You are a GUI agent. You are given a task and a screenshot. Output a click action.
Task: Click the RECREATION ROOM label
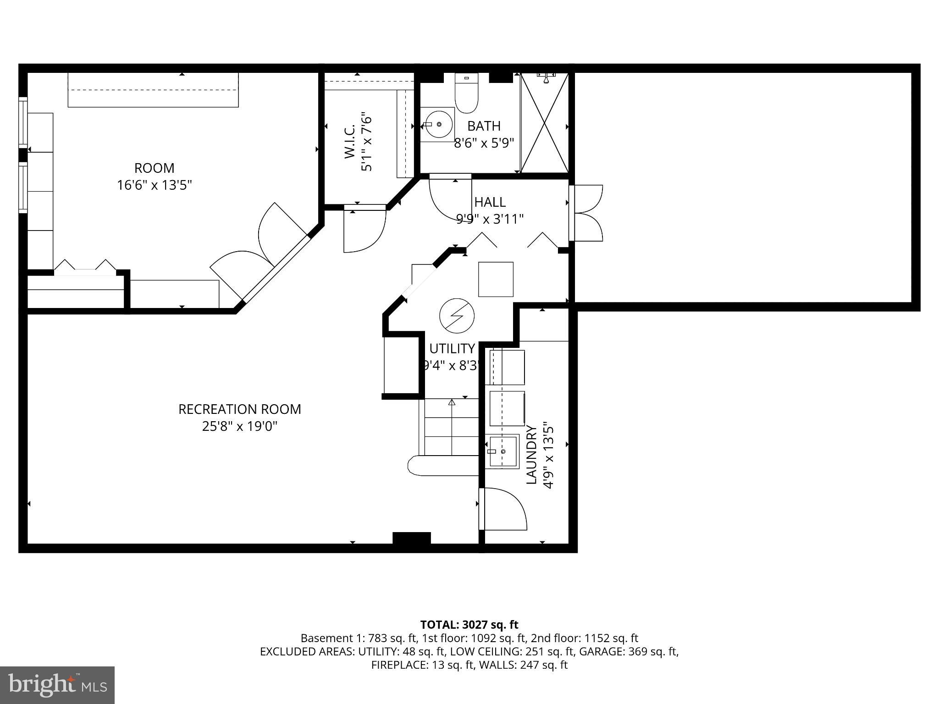point(239,409)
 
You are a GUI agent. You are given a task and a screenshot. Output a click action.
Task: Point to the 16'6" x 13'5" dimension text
point(154,185)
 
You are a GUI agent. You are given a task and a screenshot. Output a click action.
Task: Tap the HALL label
point(490,202)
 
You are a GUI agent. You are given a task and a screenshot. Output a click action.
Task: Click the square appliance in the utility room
point(496,279)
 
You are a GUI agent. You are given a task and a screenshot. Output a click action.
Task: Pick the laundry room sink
point(502,451)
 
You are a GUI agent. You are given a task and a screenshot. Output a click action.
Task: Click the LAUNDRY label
point(531,455)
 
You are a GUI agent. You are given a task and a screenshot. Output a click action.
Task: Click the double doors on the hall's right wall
point(587,213)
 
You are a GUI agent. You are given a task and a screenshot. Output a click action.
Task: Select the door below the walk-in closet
point(365,229)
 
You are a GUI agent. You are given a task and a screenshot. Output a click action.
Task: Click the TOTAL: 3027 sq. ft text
point(469,625)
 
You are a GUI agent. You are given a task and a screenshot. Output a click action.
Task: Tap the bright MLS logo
point(57,685)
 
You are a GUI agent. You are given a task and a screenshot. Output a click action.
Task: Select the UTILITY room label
point(452,349)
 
